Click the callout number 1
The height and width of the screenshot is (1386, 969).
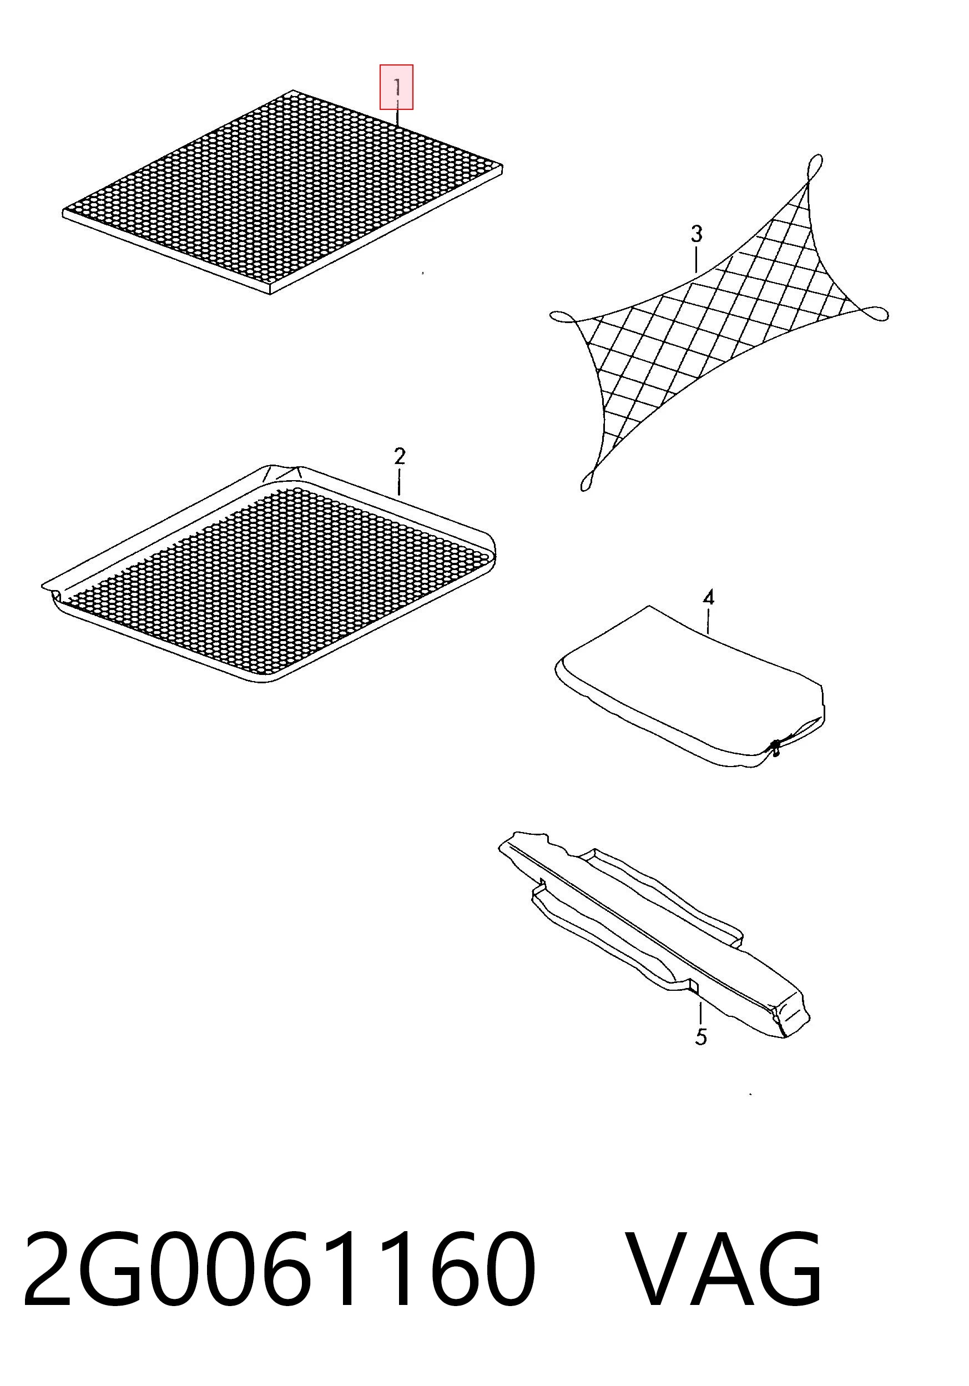397,87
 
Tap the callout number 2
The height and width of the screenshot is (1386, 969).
399,456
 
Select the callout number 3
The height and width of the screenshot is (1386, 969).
697,234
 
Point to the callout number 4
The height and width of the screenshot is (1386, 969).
709,598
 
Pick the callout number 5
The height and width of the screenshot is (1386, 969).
700,1037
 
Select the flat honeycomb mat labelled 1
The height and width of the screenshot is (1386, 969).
282,192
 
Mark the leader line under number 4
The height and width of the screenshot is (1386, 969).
708,621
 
